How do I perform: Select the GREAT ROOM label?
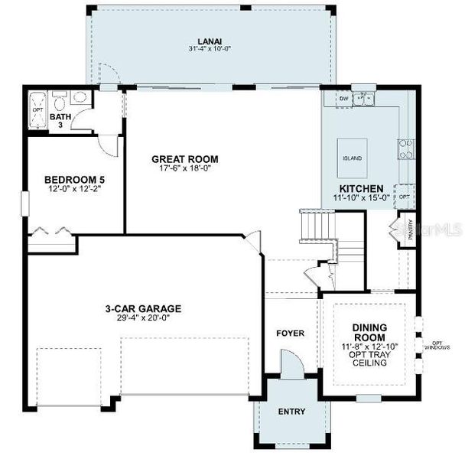[184, 159]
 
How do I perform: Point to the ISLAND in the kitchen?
[352, 157]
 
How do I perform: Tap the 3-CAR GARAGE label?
[143, 309]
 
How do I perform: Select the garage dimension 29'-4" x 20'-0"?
[143, 318]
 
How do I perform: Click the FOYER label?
[291, 334]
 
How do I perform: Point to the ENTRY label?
[291, 412]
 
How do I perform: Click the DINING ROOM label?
[369, 332]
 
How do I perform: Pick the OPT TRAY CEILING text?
[369, 357]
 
